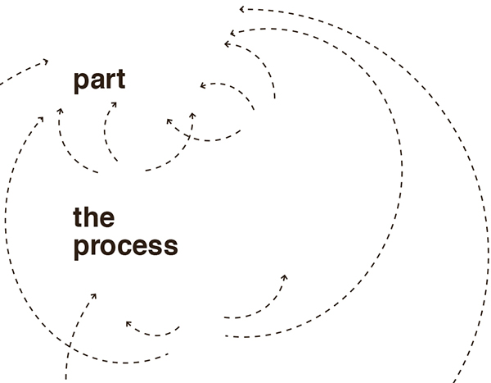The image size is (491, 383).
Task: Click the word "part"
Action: tap(99, 81)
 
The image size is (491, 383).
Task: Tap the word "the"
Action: tap(93, 217)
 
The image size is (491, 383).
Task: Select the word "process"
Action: tap(125, 246)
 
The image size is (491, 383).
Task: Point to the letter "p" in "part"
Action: tap(81, 83)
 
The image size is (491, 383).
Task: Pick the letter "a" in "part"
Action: tap(96, 82)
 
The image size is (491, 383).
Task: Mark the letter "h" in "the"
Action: tap(92, 217)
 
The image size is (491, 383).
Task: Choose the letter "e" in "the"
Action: tap(106, 219)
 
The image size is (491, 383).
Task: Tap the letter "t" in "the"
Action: tap(79, 217)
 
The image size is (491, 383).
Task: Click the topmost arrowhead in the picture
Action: tap(242, 9)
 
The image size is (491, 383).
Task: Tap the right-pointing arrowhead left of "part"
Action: tap(46, 61)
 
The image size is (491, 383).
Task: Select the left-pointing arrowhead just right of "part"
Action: tap(202, 84)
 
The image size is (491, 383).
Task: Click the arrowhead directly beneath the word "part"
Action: tap(113, 104)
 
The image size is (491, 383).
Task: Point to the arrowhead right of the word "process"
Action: tap(284, 277)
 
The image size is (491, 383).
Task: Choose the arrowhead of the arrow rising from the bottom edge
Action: tap(93, 295)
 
